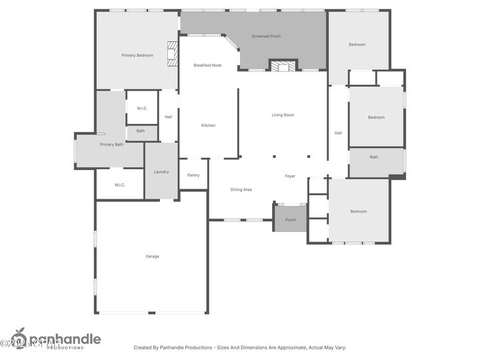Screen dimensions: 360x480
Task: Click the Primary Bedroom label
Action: tap(137, 55)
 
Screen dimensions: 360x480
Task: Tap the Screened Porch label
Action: tap(265, 36)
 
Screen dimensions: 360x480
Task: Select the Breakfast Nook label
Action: tap(207, 65)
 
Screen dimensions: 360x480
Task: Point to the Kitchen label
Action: tap(209, 125)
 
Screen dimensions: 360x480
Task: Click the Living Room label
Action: tap(283, 115)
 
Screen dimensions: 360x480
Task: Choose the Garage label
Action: tap(152, 256)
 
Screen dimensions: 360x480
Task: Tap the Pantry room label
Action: tap(193, 175)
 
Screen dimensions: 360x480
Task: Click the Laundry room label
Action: tap(161, 172)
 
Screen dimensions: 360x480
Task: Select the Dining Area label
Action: tap(241, 190)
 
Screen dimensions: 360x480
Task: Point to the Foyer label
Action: tap(290, 176)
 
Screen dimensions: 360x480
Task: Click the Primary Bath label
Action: tap(111, 145)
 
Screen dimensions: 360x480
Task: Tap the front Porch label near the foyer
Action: tap(291, 220)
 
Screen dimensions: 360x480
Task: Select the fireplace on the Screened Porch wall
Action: tap(283, 66)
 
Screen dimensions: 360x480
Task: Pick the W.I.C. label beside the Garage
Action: tap(120, 185)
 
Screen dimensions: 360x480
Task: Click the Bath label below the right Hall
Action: tap(374, 157)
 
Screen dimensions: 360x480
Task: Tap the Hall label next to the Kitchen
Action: tap(169, 117)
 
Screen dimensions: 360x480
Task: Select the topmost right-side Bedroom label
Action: tap(357, 45)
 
